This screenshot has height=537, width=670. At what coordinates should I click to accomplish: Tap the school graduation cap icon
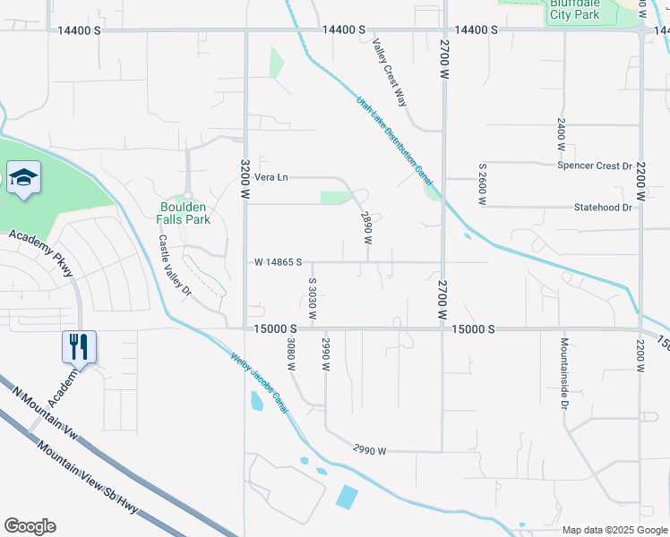[x=23, y=176]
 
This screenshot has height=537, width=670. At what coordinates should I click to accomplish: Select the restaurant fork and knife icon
[x=80, y=345]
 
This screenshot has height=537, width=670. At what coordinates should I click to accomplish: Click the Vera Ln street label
[x=271, y=177]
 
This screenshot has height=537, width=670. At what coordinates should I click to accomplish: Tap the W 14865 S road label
[x=278, y=262]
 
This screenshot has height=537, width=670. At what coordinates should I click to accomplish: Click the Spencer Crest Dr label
[x=595, y=166]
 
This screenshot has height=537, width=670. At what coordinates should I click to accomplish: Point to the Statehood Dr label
[x=603, y=208]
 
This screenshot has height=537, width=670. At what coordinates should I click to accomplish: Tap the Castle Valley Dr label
[x=176, y=265]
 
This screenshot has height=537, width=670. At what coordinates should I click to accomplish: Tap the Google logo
[x=30, y=526]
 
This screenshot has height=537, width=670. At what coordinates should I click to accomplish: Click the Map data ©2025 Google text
[x=614, y=530]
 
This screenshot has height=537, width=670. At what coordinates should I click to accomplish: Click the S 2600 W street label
[x=482, y=180]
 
